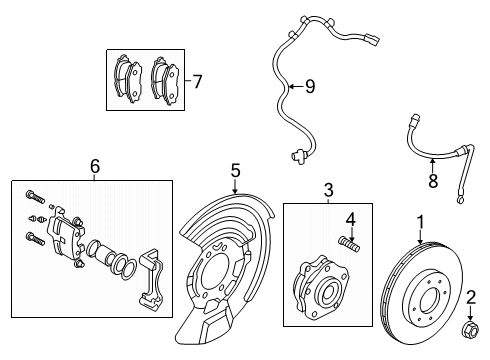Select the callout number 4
[x=351, y=218]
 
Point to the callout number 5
[x=235, y=171]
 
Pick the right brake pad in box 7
[x=165, y=78]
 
